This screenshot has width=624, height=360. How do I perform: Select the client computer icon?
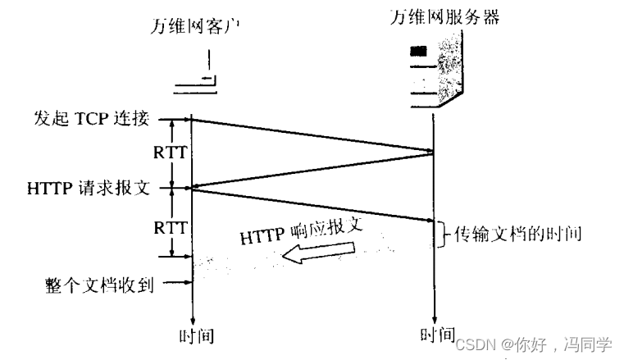click(x=198, y=75)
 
